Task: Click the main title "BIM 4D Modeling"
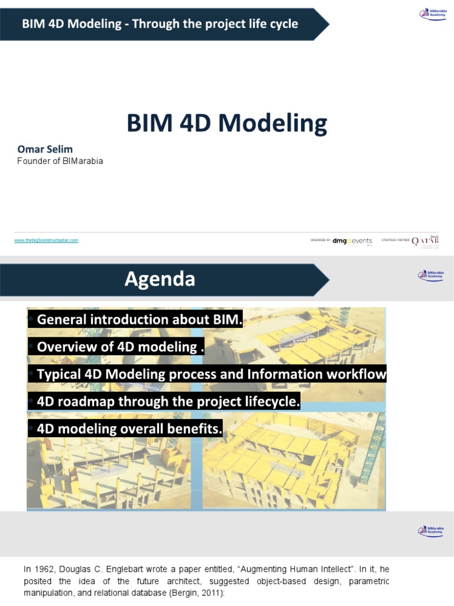click(226, 123)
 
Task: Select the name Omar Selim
click(45, 149)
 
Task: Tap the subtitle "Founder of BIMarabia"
click(60, 161)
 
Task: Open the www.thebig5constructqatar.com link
click(46, 240)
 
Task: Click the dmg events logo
click(352, 241)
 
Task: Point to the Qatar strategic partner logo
click(425, 241)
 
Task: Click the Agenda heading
click(160, 279)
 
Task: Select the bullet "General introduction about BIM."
click(140, 320)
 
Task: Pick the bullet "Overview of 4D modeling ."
click(120, 347)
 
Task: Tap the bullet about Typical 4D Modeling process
click(211, 374)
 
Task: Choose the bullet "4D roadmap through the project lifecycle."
click(168, 402)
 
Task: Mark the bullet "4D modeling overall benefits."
click(129, 429)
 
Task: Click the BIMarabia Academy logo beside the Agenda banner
click(430, 275)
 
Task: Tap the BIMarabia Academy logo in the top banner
click(433, 14)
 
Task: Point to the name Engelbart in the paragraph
click(127, 569)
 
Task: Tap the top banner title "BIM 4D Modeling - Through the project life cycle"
click(160, 24)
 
